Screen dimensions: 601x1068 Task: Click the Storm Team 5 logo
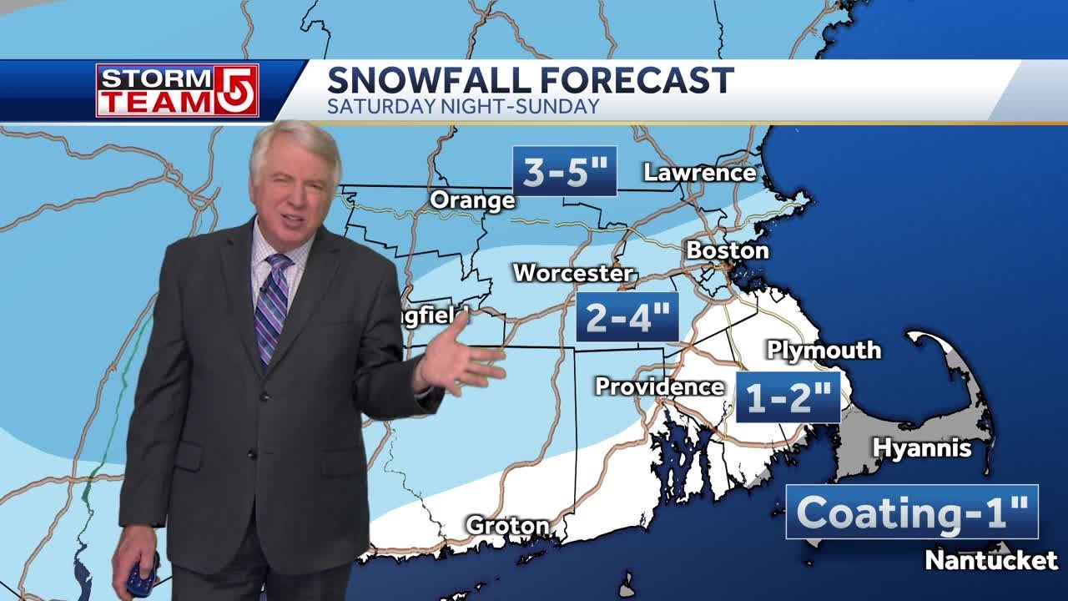click(x=177, y=90)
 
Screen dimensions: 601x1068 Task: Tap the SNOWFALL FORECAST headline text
click(x=530, y=81)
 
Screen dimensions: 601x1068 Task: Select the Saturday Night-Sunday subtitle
click(x=463, y=107)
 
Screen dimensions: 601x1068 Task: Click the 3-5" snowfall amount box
click(x=564, y=172)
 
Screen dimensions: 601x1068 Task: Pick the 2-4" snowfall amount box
click(x=627, y=317)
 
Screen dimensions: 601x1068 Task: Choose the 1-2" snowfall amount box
click(x=788, y=398)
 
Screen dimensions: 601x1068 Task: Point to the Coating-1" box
click(x=912, y=512)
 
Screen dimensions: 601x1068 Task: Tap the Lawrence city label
click(x=699, y=173)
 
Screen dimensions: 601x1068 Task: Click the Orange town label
click(x=472, y=200)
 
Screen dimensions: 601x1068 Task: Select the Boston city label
click(x=727, y=250)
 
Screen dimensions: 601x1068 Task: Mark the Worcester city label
click(x=572, y=273)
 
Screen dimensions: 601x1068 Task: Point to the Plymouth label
click(x=824, y=350)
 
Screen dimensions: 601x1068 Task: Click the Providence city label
click(x=659, y=386)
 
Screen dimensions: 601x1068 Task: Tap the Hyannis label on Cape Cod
click(x=922, y=448)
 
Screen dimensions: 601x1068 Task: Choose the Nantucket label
click(x=991, y=560)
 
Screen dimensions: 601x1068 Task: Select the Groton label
click(x=507, y=526)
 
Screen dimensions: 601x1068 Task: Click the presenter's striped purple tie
click(x=272, y=305)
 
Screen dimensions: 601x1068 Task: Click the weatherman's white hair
click(x=296, y=142)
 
